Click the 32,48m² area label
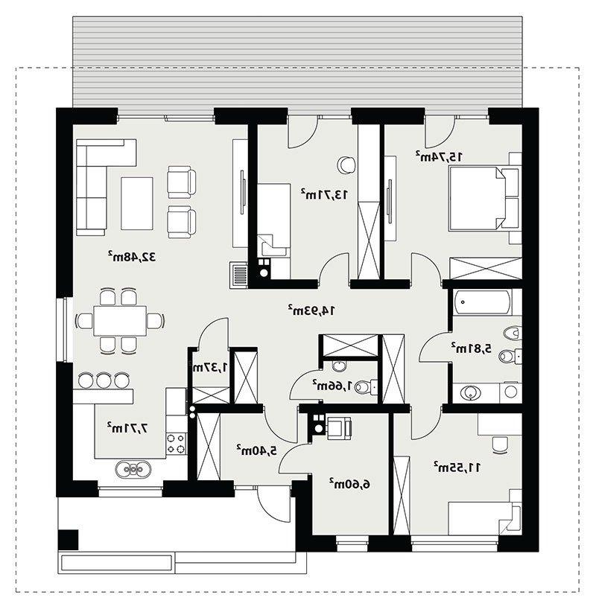[x=131, y=256]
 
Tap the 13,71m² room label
[x=324, y=194]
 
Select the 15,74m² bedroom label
[x=439, y=156]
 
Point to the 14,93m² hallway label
[x=311, y=310]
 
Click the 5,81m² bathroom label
[x=471, y=348]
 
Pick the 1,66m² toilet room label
[x=332, y=386]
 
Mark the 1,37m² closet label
[x=210, y=367]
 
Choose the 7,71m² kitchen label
[x=128, y=428]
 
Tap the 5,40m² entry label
[x=257, y=450]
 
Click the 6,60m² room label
[x=349, y=484]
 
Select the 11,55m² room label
[x=457, y=468]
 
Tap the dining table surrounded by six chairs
[x=120, y=321]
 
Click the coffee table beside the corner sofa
[x=137, y=203]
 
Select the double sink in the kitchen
[x=133, y=469]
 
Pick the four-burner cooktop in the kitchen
[x=176, y=444]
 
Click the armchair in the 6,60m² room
[x=339, y=428]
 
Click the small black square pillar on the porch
[x=68, y=540]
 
